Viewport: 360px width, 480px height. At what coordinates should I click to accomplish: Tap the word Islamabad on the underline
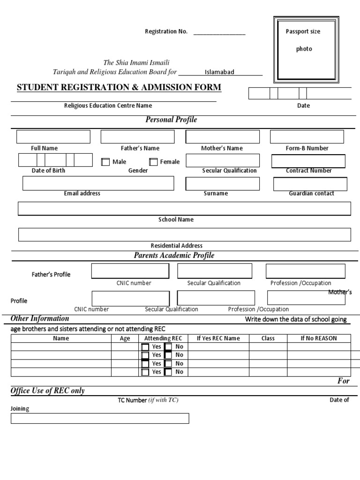pos(219,72)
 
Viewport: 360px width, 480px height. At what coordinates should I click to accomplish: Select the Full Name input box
pos(53,137)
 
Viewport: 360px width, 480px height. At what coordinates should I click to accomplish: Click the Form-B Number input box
pos(307,137)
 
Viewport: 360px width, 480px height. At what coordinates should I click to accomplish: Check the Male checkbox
pos(105,162)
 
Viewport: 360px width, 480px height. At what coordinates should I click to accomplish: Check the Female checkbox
pos(153,162)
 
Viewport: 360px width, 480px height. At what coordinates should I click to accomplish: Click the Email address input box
pos(98,183)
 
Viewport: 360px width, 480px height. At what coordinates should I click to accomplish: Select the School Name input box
pos(184,208)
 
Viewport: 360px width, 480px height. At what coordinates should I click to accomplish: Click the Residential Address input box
pos(184,234)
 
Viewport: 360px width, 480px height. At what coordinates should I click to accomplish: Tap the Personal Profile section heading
pos(171,120)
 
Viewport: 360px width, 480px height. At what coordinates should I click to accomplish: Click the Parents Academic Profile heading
pos(174,255)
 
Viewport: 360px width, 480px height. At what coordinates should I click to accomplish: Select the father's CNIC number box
pos(130,271)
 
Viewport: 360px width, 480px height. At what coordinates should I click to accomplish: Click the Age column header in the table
pos(125,338)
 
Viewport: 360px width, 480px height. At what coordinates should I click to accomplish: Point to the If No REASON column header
pos(319,338)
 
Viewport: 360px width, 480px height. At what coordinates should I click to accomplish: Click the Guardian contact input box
pos(310,184)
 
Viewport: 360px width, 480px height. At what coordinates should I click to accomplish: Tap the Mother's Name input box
pos(223,137)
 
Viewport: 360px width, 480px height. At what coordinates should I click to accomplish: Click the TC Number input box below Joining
pos(100,418)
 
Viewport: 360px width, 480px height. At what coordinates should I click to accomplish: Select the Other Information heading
pos(40,319)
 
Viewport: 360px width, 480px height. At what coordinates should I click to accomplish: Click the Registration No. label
pos(166,32)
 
